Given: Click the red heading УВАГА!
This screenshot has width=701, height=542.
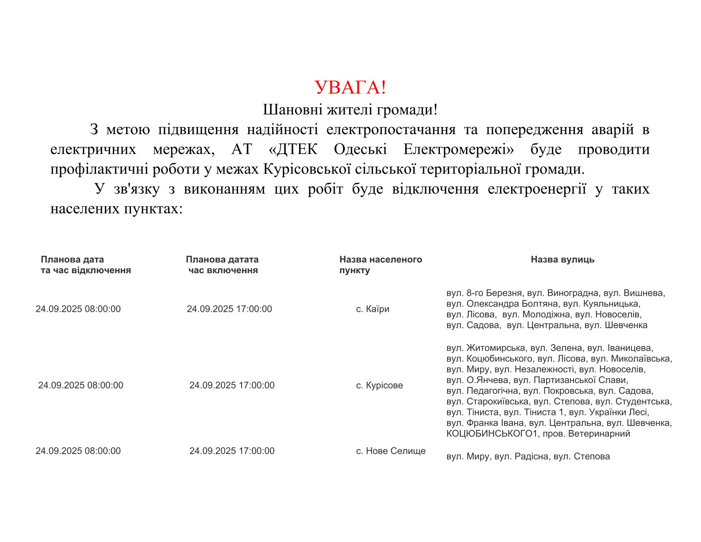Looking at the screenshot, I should click(x=350, y=88).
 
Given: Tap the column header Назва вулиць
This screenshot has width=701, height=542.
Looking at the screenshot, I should click(x=562, y=259).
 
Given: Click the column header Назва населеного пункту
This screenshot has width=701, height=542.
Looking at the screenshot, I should click(x=381, y=265).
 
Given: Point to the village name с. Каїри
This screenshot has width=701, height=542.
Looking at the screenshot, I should click(x=373, y=309).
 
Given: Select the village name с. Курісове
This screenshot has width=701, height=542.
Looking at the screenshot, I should click(x=379, y=385).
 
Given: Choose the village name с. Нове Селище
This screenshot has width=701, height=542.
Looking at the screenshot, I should click(x=391, y=451).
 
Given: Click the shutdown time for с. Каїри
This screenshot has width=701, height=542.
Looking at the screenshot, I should click(x=78, y=309).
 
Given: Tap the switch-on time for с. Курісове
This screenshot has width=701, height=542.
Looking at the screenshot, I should click(x=232, y=385).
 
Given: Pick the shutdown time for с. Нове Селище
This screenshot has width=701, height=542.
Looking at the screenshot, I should click(x=78, y=451).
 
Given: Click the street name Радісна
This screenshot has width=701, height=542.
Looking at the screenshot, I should click(x=532, y=457).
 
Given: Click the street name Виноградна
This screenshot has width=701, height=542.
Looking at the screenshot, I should click(x=573, y=293).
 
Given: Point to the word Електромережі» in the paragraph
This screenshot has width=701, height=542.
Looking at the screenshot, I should click(x=458, y=150).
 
